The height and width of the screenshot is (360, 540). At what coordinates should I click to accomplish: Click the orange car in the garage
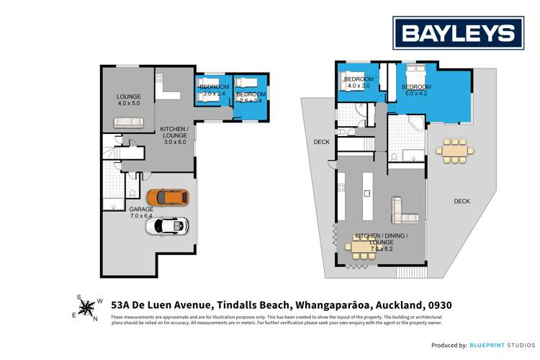click(x=167, y=197)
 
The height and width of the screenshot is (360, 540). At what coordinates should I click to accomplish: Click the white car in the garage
click(x=167, y=226)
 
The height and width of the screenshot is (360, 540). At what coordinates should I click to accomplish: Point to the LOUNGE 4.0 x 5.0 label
click(x=129, y=100)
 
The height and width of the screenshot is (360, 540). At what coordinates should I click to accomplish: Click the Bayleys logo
click(x=458, y=32)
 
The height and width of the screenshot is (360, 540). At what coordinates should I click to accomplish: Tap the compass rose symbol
click(x=87, y=309)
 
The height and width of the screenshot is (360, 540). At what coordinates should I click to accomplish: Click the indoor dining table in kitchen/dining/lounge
click(x=364, y=247)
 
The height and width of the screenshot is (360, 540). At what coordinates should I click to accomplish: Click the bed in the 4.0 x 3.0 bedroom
click(x=351, y=79)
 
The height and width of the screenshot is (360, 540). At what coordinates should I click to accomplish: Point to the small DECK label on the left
click(x=321, y=143)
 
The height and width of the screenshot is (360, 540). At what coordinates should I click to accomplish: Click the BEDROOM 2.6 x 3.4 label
click(x=251, y=97)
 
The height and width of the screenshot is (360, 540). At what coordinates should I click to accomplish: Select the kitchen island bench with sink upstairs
click(x=366, y=193)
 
